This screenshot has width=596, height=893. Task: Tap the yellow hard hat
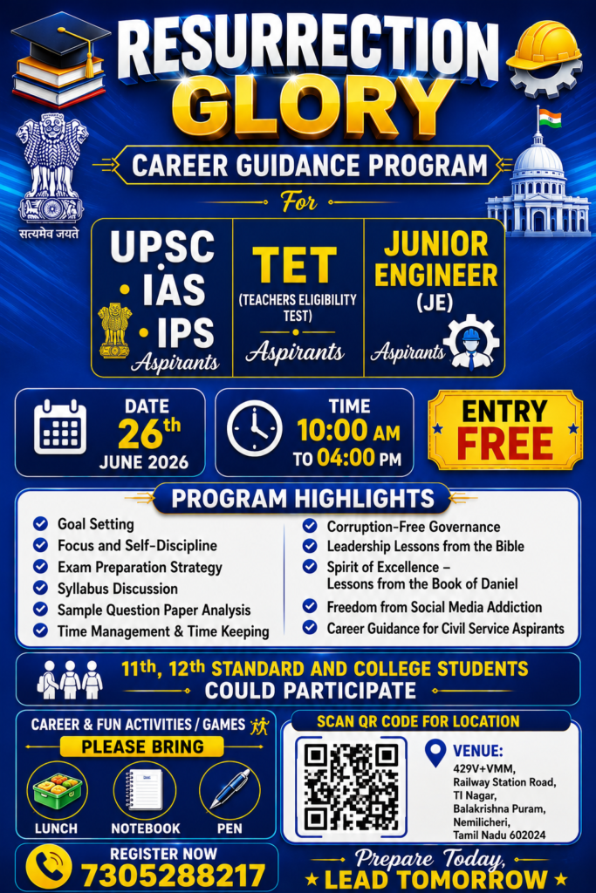coord(544,48)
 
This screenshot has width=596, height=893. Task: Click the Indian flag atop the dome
coord(550,119)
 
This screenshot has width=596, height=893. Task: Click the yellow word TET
coord(295,265)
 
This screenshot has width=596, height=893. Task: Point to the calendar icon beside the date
coord(60,427)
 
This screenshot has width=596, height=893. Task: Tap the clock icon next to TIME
coord(254,429)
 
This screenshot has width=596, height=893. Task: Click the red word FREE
coord(505,444)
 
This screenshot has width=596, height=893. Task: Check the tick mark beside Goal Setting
coord(40,523)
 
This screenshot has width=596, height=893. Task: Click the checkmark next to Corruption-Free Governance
coord(310,526)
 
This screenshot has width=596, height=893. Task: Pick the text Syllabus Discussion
coord(118,589)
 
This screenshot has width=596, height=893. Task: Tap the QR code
coord(351,787)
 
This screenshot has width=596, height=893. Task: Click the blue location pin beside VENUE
coord(435,753)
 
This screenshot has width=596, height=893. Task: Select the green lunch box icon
coord(58,790)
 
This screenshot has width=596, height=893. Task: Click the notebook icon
coord(144,789)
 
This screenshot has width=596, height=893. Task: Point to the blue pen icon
coord(230,789)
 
